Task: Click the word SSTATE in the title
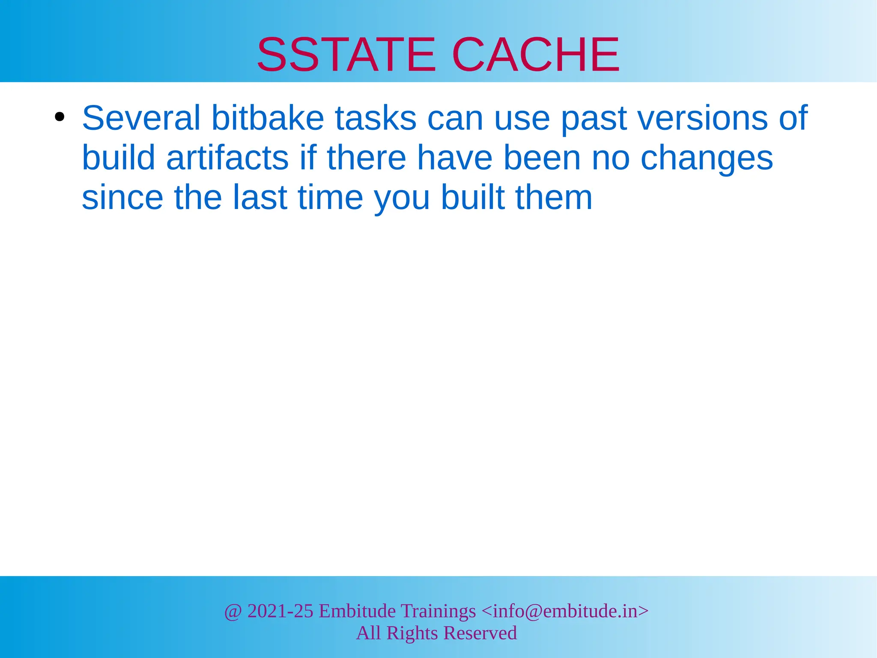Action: click(346, 55)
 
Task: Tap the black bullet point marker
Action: click(60, 117)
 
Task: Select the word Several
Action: click(141, 118)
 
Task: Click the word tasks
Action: click(375, 118)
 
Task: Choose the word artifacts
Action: click(227, 158)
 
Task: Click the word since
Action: click(122, 197)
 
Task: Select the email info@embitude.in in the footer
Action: click(565, 611)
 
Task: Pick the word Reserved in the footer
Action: click(480, 633)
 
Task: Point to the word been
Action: click(541, 158)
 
